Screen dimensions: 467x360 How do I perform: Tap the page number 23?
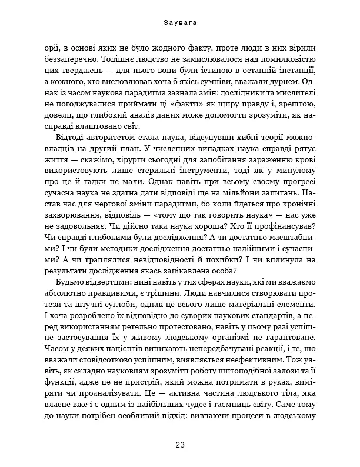click(179, 445)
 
